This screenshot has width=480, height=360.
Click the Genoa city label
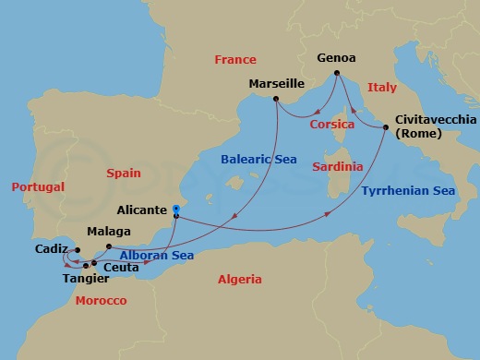point(336,55)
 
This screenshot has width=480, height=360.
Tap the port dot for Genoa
point(337,72)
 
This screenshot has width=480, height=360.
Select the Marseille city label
point(276,84)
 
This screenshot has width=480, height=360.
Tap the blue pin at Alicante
point(175,211)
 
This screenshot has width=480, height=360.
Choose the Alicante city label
point(143,210)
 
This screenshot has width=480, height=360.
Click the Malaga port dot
point(108,246)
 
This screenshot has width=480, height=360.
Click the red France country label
point(235,59)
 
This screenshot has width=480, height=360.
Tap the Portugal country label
point(38,186)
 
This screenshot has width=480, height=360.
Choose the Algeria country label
point(238,279)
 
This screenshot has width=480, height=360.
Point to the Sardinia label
point(337,167)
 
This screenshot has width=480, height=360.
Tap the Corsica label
point(332,124)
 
